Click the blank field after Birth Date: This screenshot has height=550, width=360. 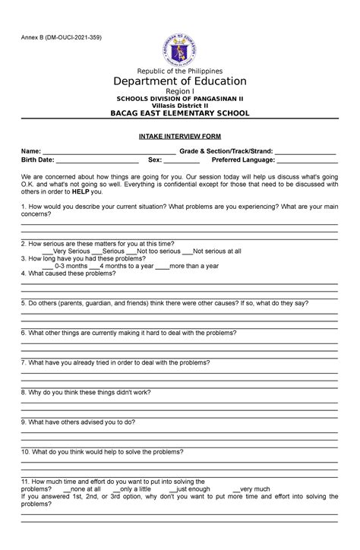click(x=97, y=161)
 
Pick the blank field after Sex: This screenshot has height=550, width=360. click(x=182, y=161)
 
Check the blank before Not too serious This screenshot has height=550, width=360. click(x=132, y=251)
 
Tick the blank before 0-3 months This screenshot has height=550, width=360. click(x=48, y=266)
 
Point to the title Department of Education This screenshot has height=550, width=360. click(x=180, y=81)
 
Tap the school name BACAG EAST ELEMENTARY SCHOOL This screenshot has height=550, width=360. click(x=180, y=113)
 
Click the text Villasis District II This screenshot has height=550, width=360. click(x=180, y=106)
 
